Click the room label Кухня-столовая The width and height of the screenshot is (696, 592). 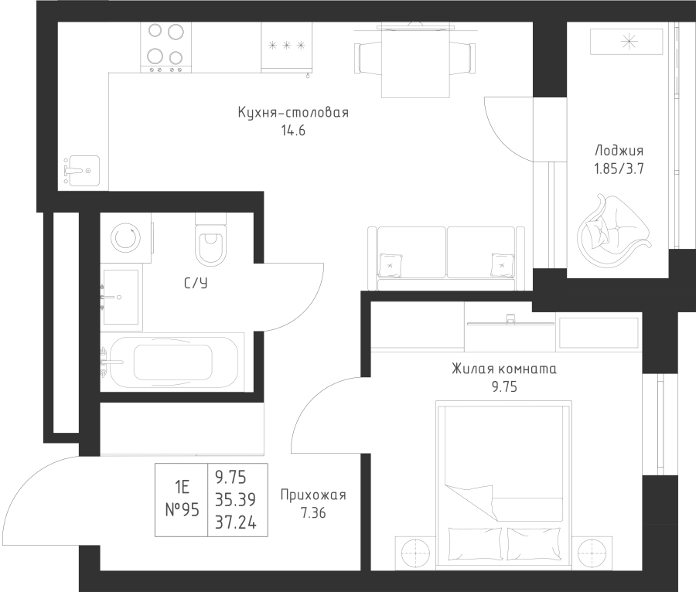(x=293, y=113)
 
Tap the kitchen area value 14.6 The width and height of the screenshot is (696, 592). (x=293, y=131)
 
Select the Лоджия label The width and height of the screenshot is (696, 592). (x=619, y=151)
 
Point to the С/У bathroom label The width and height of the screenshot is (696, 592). (x=195, y=284)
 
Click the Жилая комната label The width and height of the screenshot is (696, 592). (x=503, y=369)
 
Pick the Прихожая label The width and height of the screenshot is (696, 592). (x=313, y=495)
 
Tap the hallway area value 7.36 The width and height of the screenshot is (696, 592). (x=313, y=512)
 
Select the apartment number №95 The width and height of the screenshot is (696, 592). (x=182, y=509)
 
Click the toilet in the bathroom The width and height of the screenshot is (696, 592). (x=210, y=241)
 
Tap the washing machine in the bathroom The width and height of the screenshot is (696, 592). (x=126, y=235)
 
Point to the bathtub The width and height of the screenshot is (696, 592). (x=172, y=361)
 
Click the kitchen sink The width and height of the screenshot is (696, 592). (x=80, y=168)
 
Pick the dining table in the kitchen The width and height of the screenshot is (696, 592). (x=415, y=60)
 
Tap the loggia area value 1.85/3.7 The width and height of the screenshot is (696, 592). (x=619, y=169)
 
